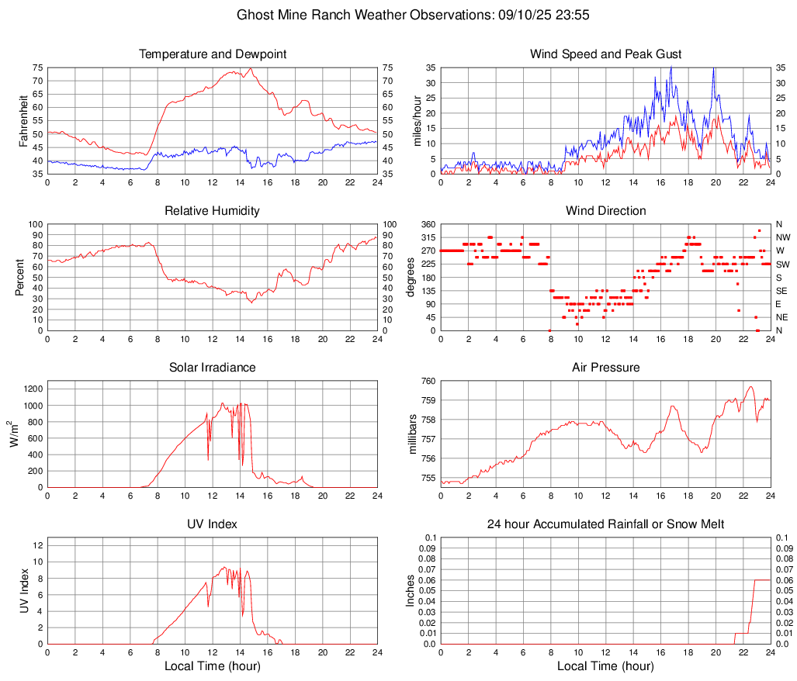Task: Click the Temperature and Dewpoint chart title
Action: point(213,54)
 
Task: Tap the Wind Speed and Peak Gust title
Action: point(606,54)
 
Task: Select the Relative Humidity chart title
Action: point(213,211)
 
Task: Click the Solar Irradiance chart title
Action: point(213,368)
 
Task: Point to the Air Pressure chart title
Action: point(606,368)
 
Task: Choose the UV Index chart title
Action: point(213,524)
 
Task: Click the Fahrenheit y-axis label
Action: point(23,121)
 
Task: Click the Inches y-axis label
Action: point(411,590)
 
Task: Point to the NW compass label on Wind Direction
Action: point(783,237)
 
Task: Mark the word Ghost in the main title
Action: point(255,15)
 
